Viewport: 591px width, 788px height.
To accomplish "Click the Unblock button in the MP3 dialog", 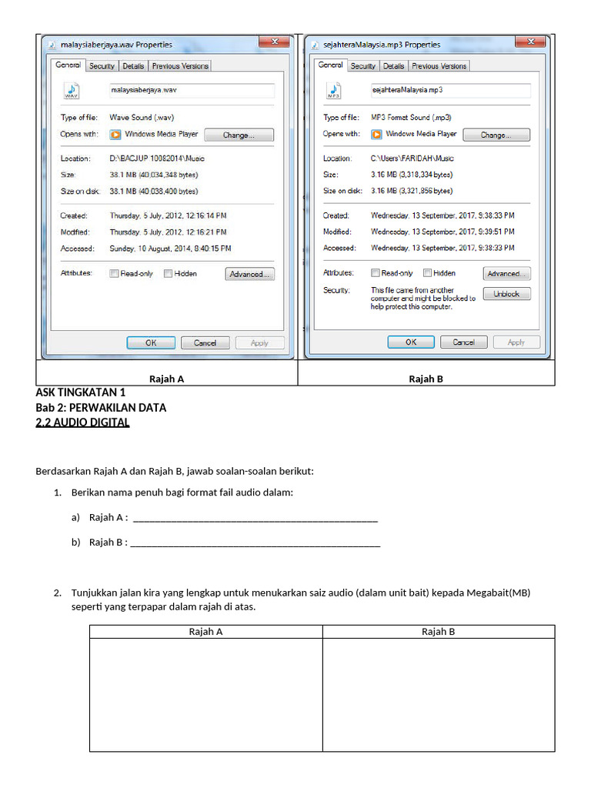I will [x=506, y=294].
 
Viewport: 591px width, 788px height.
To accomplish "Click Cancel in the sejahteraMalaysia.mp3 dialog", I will [x=463, y=342].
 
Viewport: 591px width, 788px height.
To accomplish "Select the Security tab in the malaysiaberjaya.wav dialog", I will [x=102, y=66].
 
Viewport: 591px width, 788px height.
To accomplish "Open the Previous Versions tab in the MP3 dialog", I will [x=439, y=66].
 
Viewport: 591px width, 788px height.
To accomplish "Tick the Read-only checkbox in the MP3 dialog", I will [x=376, y=273].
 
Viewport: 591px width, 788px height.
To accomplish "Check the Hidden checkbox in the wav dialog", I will [x=168, y=274].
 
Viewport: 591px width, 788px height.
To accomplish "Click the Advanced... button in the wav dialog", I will [x=249, y=274].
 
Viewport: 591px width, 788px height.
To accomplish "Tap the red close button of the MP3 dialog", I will [x=530, y=43].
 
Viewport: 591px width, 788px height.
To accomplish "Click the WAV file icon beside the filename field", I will [x=72, y=91].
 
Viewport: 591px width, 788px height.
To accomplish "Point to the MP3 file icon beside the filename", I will [x=334, y=91].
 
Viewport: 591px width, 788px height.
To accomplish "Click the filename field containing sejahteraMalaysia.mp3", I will [x=451, y=90].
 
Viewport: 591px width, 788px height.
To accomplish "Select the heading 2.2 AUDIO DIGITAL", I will [x=83, y=422].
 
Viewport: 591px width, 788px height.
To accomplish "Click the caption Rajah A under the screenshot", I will [x=166, y=379].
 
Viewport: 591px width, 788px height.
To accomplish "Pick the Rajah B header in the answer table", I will [x=438, y=632].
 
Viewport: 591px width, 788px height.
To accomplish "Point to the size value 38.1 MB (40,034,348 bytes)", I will [x=154, y=175].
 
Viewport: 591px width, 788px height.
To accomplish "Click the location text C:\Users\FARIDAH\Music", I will [x=412, y=159].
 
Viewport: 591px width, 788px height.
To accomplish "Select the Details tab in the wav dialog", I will [x=133, y=66].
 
